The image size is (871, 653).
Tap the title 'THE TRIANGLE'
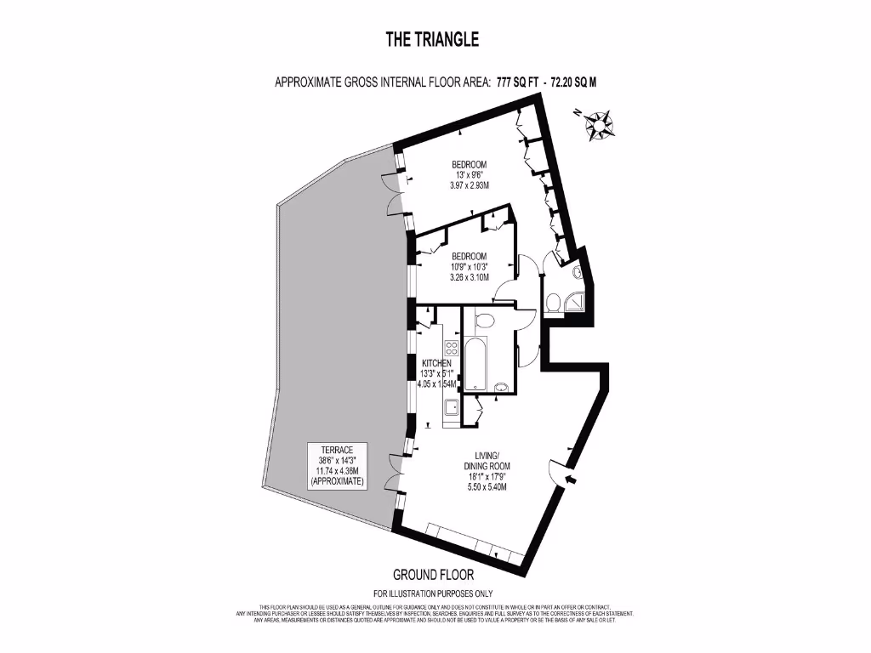pyautogui.click(x=432, y=39)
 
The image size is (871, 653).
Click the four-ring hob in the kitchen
pyautogui.click(x=451, y=348)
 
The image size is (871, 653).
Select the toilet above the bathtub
pyautogui.click(x=486, y=321)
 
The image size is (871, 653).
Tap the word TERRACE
pyautogui.click(x=326, y=449)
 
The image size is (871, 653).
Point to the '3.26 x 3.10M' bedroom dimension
pyautogui.click(x=469, y=277)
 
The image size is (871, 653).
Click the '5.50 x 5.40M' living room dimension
pyautogui.click(x=487, y=487)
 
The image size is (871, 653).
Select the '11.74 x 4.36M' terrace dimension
pyautogui.click(x=326, y=470)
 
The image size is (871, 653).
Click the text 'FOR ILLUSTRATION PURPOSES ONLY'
pyautogui.click(x=433, y=593)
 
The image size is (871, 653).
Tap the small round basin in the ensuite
pyautogui.click(x=577, y=272)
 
